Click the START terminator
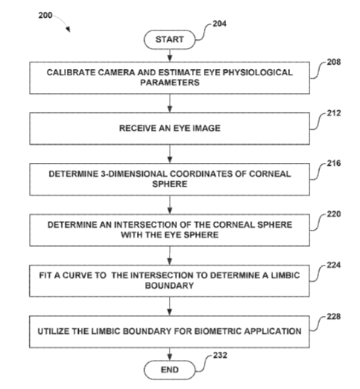click(170, 39)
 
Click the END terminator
click(170, 370)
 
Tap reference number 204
click(219, 24)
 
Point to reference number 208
click(333, 62)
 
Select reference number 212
click(333, 113)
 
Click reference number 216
click(333, 163)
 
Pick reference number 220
click(333, 214)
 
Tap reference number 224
click(333, 266)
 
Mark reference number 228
click(333, 317)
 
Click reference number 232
click(220, 356)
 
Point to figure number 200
click(45, 16)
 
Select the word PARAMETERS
click(170, 83)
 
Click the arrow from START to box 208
click(170, 55)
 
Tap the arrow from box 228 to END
click(170, 354)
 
